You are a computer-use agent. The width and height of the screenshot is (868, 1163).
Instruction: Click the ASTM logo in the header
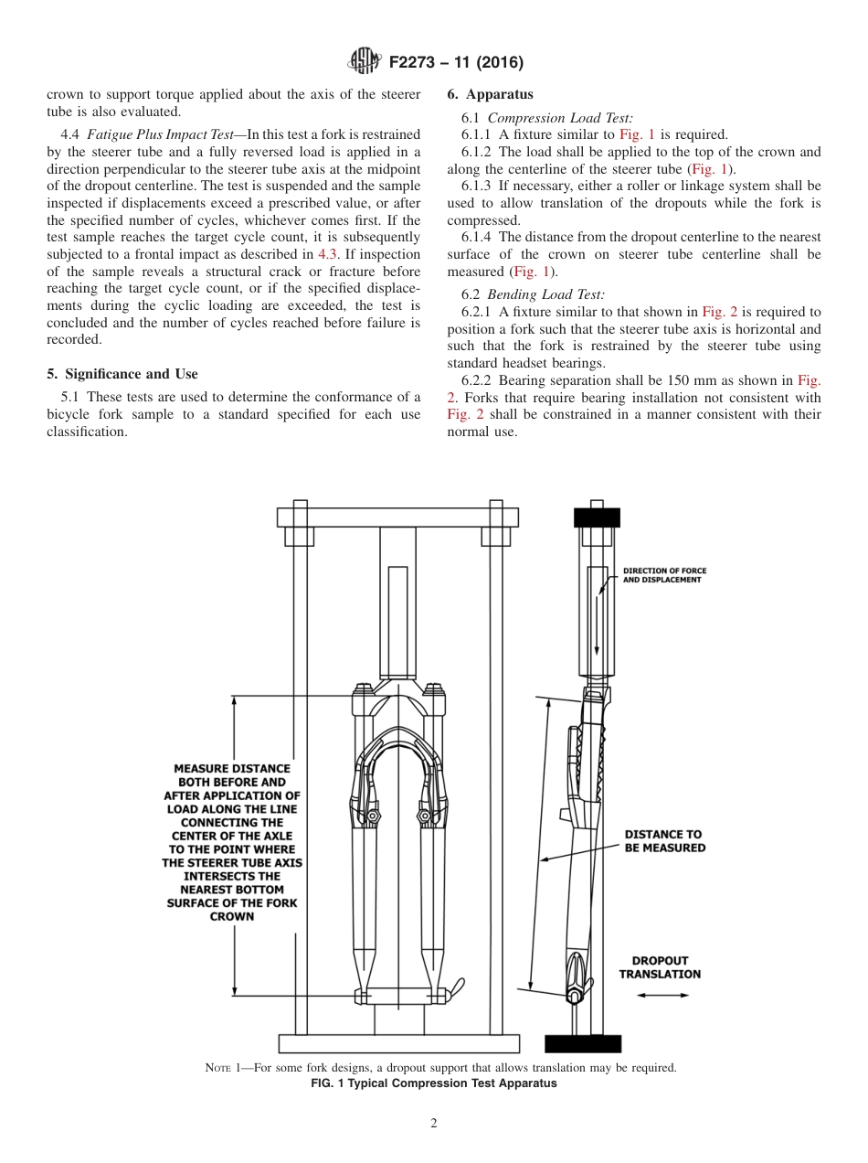[x=366, y=62]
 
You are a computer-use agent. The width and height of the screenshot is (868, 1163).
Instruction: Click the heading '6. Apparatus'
[x=490, y=94]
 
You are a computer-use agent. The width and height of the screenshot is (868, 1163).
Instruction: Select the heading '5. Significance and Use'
[x=122, y=374]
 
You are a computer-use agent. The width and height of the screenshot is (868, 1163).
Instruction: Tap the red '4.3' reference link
[x=328, y=254]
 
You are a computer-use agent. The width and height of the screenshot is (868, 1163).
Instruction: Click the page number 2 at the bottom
[x=434, y=1124]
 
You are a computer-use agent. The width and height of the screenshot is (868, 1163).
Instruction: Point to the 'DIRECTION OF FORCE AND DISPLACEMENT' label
[x=664, y=575]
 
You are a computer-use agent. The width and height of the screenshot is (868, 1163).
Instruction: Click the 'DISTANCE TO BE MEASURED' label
[x=664, y=840]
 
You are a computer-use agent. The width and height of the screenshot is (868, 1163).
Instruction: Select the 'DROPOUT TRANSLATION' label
[x=660, y=967]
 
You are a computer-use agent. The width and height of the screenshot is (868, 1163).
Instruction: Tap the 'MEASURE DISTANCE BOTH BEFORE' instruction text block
[x=232, y=842]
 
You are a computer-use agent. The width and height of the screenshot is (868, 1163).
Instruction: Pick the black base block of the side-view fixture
[x=583, y=1043]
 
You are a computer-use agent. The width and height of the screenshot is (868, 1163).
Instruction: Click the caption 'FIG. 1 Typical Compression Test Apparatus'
[x=434, y=1083]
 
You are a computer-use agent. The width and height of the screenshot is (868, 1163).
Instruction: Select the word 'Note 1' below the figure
[x=225, y=1068]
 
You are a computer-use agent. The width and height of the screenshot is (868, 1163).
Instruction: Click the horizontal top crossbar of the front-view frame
[x=397, y=517]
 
